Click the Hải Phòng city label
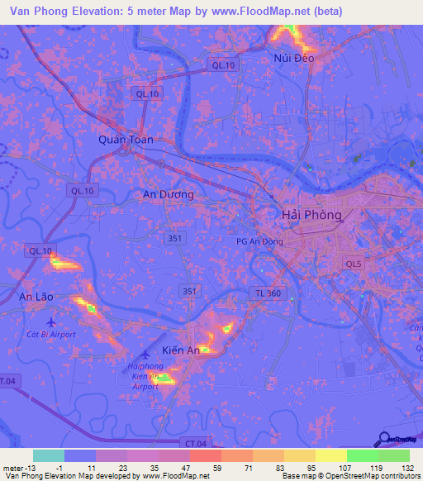311,214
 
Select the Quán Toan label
126,140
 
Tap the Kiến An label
181,350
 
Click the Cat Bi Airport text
51,335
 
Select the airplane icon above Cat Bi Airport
51,321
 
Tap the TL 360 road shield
268,294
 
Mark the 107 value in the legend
347,468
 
